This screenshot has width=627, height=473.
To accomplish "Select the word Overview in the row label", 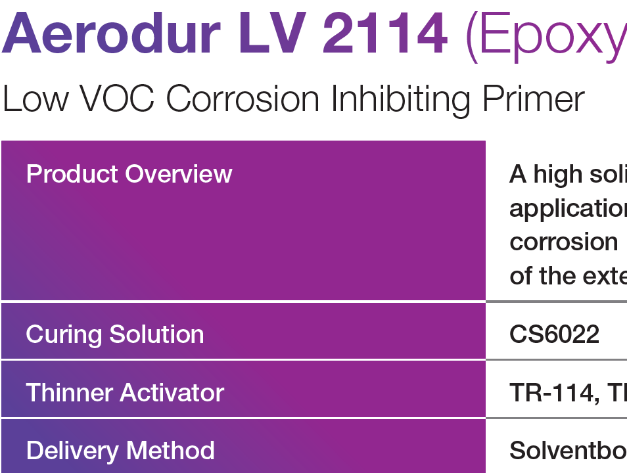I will (x=179, y=174).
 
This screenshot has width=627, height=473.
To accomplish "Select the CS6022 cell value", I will (x=554, y=334).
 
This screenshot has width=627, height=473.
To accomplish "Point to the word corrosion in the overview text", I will (x=563, y=242).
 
